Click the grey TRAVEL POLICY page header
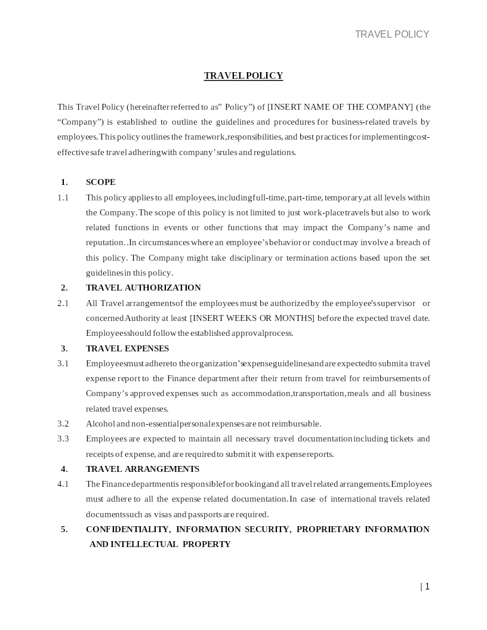(392, 34)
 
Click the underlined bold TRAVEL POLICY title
(243, 76)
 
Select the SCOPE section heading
(101, 182)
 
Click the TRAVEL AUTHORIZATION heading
(143, 288)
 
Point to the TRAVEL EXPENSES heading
(127, 348)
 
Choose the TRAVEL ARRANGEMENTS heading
(143, 469)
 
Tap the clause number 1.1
(63, 197)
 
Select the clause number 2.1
(63, 303)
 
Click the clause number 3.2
(63, 424)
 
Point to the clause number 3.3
(63, 438)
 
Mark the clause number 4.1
(63, 484)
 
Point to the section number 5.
(64, 529)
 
